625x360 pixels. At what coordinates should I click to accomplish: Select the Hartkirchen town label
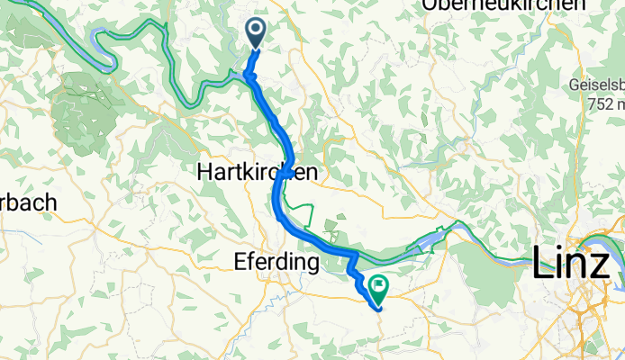pyautogui.click(x=257, y=173)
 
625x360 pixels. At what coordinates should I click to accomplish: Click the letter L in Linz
pyautogui.click(x=544, y=263)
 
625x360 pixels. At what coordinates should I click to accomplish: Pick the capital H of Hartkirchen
pyautogui.click(x=204, y=173)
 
